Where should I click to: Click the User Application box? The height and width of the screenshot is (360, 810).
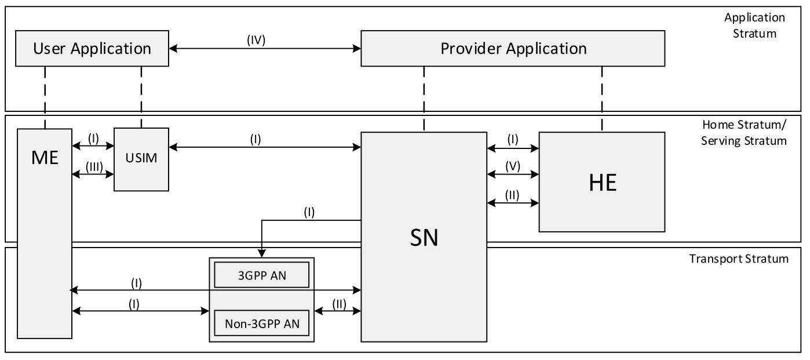coord(92,49)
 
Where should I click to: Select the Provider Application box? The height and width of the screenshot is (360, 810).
coord(513,49)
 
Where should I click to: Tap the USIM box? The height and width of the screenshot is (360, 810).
coord(141,159)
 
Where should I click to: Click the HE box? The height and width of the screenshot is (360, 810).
coord(602,182)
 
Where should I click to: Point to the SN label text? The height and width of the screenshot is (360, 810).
coord(424,238)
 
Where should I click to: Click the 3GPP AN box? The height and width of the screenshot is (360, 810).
coord(261,275)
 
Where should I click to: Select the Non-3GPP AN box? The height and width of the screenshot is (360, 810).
coord(261,323)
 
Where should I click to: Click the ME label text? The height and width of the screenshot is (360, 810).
coord(45,157)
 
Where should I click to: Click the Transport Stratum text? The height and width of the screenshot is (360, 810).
coord(739,259)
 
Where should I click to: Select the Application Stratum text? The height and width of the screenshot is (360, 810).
coord(750,25)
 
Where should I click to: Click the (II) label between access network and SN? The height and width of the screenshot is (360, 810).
coord(337,304)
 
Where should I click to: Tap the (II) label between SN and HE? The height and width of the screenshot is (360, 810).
coord(512,195)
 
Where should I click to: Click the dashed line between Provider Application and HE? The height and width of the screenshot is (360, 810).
coord(602,99)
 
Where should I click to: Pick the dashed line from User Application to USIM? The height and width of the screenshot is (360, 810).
coord(141,96)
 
